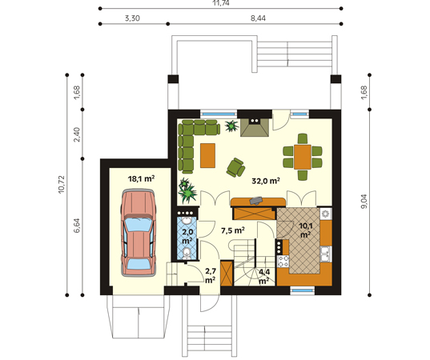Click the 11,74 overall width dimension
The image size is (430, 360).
tap(220, 3)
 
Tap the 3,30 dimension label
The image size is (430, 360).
tap(132, 18)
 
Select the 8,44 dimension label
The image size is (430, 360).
tap(258, 18)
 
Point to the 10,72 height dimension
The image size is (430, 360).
tap(61, 184)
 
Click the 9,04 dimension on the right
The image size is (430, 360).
tap(364, 202)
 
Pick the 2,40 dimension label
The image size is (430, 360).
tap(77, 134)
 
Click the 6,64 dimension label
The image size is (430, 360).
tap(77, 226)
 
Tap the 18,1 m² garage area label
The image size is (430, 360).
tap(141, 179)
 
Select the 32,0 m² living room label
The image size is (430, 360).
tap(266, 181)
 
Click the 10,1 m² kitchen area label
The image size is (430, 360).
tap(305, 230)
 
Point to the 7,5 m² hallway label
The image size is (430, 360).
tap(232, 230)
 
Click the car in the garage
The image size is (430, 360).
tap(138, 233)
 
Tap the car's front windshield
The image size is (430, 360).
tap(138, 224)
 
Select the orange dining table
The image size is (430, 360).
tap(303, 157)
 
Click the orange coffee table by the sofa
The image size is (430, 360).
tap(207, 155)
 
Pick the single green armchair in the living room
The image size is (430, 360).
tap(235, 167)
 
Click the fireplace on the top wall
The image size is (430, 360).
tap(255, 127)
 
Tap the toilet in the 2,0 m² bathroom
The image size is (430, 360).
tap(187, 254)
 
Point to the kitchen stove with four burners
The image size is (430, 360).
tap(283, 261)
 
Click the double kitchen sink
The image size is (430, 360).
tap(326, 254)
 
